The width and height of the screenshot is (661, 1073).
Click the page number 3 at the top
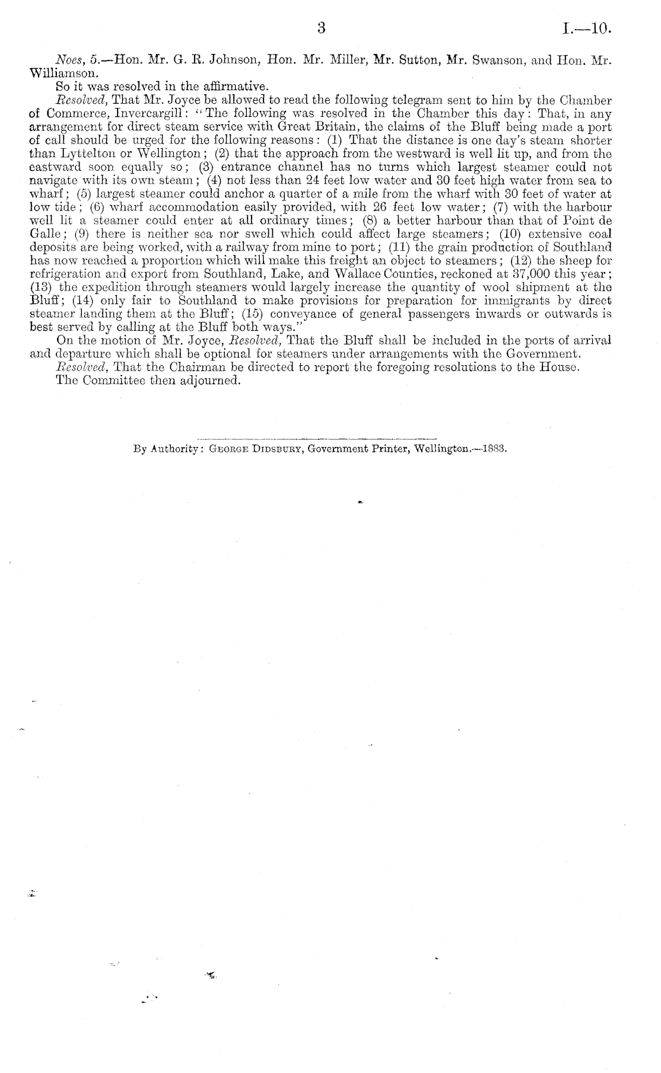[x=322, y=27]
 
